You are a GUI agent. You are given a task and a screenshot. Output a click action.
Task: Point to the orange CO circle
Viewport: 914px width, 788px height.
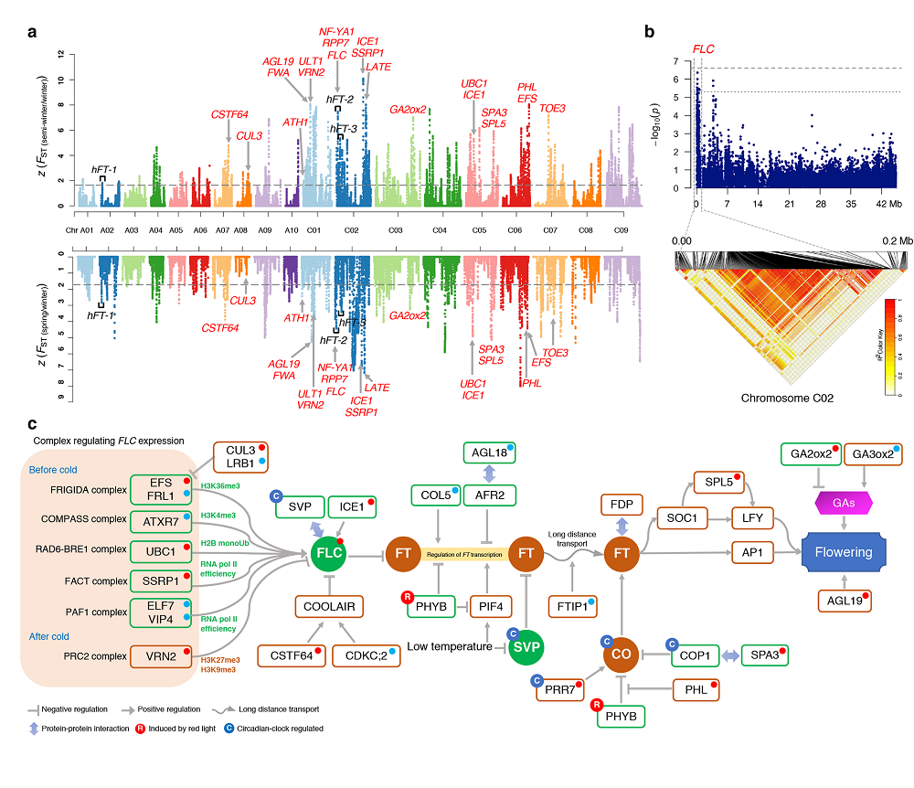(621, 655)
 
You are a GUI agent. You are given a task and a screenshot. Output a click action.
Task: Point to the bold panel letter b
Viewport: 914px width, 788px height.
(649, 32)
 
